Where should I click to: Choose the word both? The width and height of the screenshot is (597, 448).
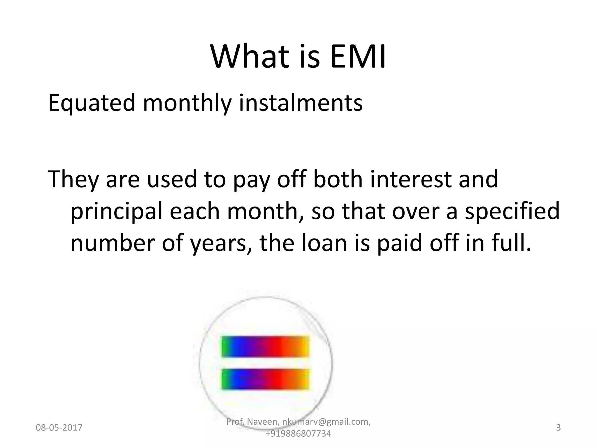click(x=338, y=179)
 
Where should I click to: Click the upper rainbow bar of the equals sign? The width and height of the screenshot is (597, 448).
click(x=265, y=346)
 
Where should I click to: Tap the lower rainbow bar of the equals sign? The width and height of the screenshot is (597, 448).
click(x=265, y=379)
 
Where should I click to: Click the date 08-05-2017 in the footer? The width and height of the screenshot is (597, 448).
click(x=59, y=428)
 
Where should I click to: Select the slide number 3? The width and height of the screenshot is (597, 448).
click(x=558, y=428)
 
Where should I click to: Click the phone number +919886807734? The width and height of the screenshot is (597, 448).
click(x=298, y=434)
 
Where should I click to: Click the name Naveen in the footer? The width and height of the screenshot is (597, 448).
click(x=263, y=422)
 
